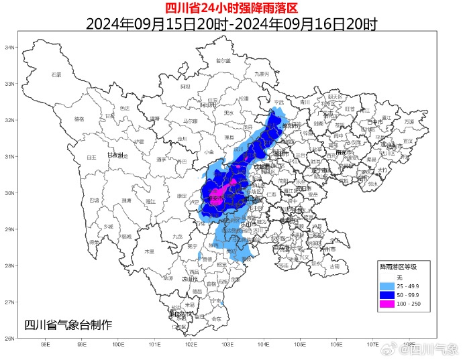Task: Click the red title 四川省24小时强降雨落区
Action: coord(232,8)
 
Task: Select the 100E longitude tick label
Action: coord(118,346)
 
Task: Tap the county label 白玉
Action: coord(92,158)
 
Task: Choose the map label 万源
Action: coord(409,121)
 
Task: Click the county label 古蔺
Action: coord(335,266)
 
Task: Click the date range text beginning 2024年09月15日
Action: coord(232,24)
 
